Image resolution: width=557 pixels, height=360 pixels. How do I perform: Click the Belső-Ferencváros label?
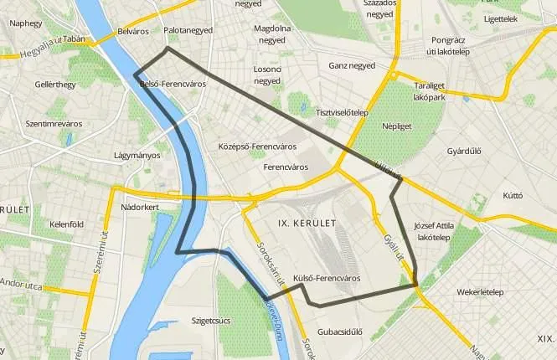pyautogui.click(x=173, y=85)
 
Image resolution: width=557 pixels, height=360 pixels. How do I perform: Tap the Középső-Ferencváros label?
pyautogui.click(x=257, y=147)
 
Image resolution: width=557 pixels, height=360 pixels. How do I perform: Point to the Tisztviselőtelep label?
pyautogui.click(x=341, y=112)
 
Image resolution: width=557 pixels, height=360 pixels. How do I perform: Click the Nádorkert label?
pyautogui.click(x=140, y=206)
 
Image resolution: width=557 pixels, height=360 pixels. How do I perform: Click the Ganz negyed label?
pyautogui.click(x=352, y=64)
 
